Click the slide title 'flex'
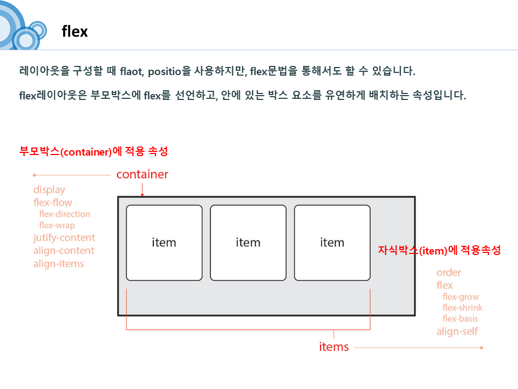75,31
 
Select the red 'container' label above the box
142,175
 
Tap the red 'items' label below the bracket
334,347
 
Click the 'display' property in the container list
49,190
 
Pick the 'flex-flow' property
52,203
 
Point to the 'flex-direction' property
65,214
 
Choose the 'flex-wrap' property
57,225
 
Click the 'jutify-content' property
64,238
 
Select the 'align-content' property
64,251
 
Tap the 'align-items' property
59,264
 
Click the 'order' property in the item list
449,272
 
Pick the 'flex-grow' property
461,297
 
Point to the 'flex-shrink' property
462,308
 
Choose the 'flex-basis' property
460,319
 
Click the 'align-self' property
457,331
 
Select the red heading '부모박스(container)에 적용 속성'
93,152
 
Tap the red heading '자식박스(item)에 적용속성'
440,251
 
